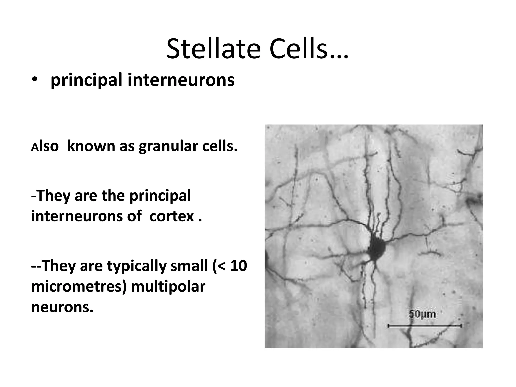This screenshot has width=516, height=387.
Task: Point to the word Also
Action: (45, 147)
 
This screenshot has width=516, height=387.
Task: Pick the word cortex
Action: (172, 216)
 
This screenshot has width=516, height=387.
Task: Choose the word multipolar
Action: (168, 287)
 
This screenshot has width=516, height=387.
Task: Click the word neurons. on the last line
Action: (62, 307)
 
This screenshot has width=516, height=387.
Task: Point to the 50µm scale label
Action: (422, 314)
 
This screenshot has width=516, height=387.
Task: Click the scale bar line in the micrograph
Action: (424, 326)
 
